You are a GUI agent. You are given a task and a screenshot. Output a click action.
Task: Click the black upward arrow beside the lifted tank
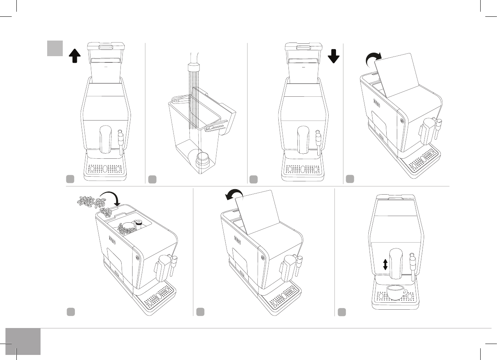coord(74,56)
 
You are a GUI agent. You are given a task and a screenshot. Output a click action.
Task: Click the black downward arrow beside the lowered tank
coord(334,56)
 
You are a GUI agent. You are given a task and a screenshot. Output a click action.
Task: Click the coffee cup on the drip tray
coord(396,293)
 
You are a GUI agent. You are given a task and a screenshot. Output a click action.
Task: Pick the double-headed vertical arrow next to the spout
coord(385,265)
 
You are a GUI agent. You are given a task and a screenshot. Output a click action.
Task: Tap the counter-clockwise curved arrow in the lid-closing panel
coord(234,193)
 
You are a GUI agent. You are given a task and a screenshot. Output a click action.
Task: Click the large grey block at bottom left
coord(23,341)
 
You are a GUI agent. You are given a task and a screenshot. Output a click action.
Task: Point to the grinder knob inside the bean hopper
coord(138,223)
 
